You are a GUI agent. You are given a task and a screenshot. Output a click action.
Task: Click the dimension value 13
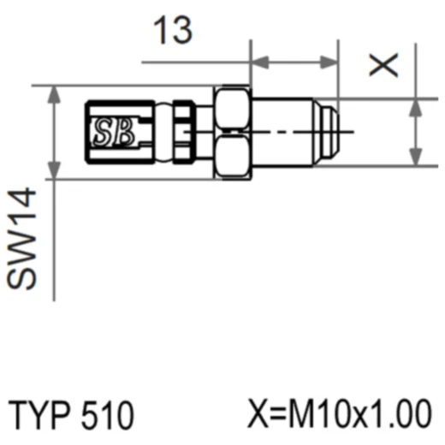(173, 30)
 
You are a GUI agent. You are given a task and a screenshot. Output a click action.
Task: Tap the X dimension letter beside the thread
(383, 65)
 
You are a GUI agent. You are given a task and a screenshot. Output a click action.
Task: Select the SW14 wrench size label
(21, 239)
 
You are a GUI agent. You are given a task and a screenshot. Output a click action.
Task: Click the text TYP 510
(71, 414)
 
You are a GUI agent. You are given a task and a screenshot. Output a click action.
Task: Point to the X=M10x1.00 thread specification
(340, 413)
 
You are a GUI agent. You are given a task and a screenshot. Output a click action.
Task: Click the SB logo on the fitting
(114, 132)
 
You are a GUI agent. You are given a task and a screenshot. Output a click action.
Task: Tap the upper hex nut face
(232, 108)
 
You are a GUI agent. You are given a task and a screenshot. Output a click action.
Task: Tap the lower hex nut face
(232, 156)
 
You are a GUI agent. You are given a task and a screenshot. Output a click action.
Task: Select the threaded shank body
(282, 132)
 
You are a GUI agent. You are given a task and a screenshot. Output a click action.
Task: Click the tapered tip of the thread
(326, 132)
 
